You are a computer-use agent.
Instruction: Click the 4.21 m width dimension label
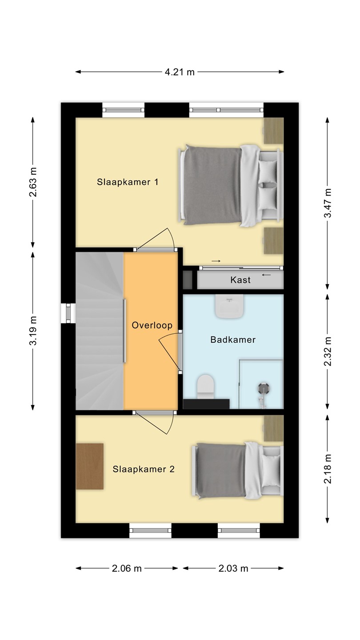pos(180,72)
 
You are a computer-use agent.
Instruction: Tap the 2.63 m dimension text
pos(33,182)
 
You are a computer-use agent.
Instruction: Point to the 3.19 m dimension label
pos(33,331)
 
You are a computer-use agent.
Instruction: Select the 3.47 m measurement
pos(328,203)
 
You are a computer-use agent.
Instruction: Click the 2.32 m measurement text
pos(328,351)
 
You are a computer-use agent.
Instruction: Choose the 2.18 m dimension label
pos(328,468)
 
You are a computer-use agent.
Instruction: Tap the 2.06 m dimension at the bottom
pos(127,568)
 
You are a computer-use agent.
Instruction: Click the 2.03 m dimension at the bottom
pos(233,568)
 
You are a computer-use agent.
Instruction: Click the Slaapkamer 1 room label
pos(128,182)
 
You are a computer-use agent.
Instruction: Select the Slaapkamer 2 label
pos(144,469)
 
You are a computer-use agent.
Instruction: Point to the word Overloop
pos(152,325)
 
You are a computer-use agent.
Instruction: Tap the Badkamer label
pos(233,340)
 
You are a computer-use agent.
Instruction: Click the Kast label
pos(240,280)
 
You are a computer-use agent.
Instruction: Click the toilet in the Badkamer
pos(206,387)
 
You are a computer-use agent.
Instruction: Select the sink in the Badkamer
pos(229,306)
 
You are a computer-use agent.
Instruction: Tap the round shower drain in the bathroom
pos(263,388)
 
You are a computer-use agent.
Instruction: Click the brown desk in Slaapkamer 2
pos(90,466)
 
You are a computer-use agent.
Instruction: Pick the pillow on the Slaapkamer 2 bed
pos(270,471)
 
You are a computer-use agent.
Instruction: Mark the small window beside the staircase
pos(68,313)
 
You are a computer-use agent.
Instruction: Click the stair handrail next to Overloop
pos(124,331)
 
